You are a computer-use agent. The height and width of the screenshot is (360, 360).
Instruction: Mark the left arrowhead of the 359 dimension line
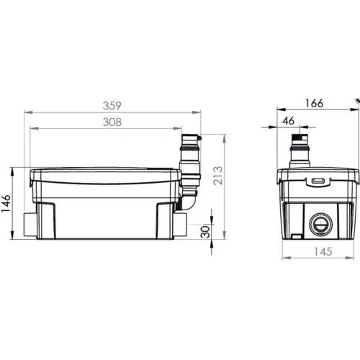point(25,113)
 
